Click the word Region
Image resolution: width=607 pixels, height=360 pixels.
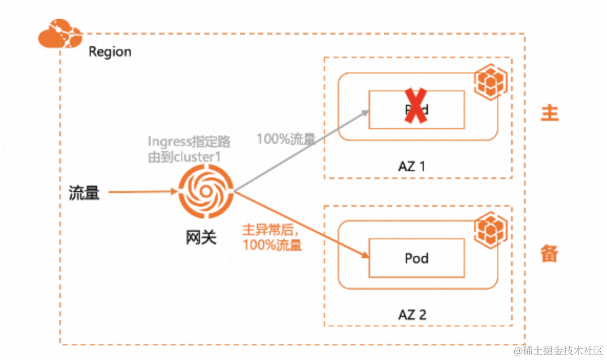[110, 52]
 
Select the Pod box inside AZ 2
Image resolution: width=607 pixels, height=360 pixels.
[416, 258]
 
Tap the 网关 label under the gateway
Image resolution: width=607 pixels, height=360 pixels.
[201, 238]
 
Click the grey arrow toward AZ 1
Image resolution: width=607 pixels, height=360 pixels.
[303, 150]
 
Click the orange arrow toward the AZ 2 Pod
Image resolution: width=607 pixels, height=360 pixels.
[303, 226]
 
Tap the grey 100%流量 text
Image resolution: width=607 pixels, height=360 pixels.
[287, 138]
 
